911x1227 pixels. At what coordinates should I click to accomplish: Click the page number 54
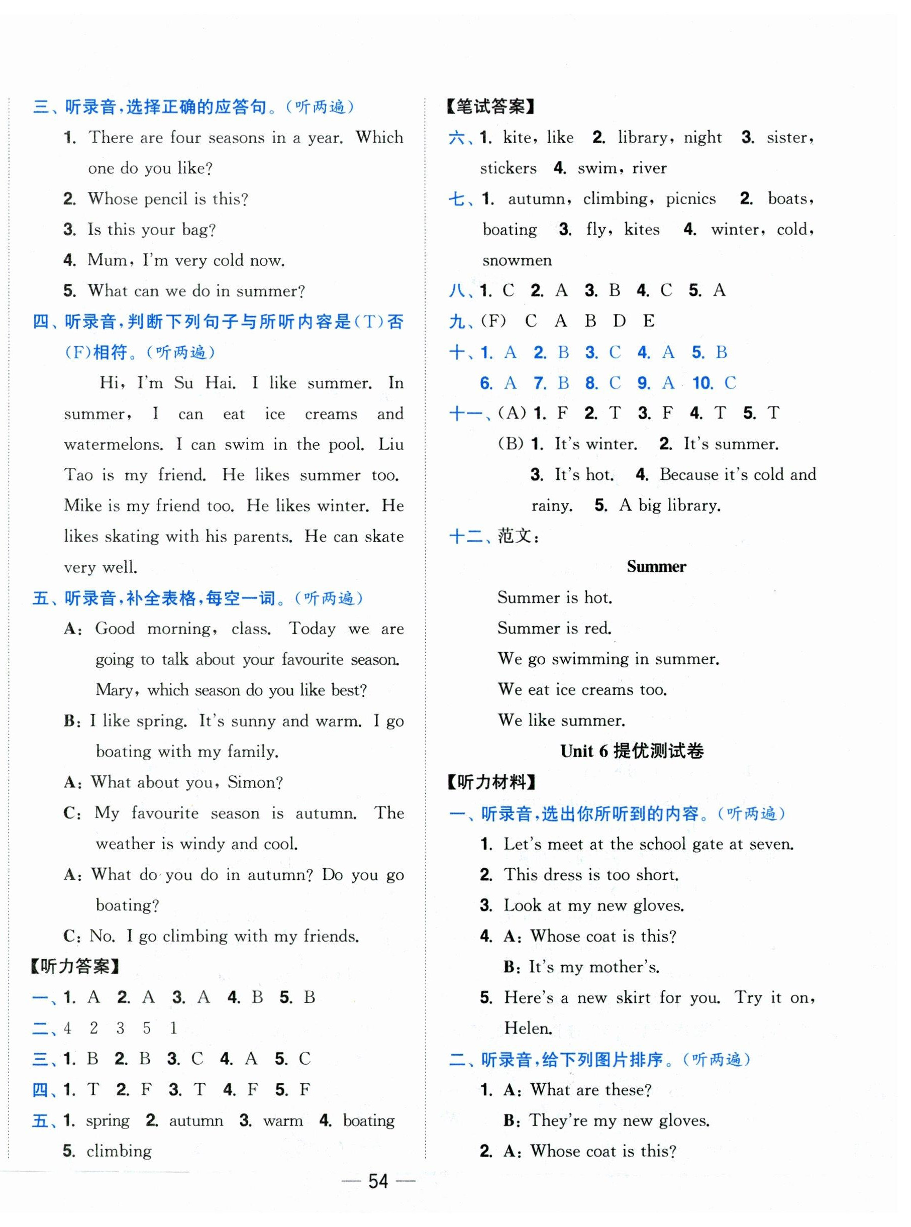(x=378, y=1181)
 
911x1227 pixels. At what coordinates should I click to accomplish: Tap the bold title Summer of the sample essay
(x=656, y=567)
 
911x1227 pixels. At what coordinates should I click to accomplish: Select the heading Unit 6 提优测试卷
(x=632, y=751)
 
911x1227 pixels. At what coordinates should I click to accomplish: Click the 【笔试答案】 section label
(x=490, y=107)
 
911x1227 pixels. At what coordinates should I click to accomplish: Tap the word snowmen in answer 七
(x=517, y=260)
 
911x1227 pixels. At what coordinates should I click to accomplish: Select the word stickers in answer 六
(x=508, y=168)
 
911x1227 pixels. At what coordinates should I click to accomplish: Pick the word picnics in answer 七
(x=690, y=198)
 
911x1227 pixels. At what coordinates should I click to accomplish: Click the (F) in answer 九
(x=493, y=321)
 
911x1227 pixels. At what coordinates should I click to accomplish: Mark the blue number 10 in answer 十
(x=702, y=383)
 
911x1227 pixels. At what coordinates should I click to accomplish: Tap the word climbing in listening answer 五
(x=119, y=1151)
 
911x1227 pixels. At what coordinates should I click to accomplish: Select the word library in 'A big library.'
(x=691, y=505)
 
